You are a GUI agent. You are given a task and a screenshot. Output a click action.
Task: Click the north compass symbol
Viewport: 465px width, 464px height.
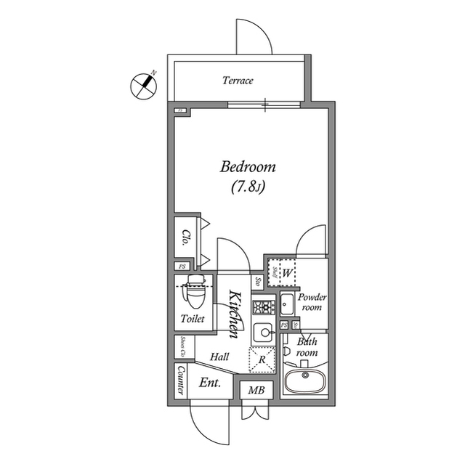point(143,86)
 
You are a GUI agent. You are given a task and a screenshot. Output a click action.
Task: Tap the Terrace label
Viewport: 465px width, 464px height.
point(238,81)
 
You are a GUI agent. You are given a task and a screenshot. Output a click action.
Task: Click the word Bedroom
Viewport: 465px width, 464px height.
point(248,167)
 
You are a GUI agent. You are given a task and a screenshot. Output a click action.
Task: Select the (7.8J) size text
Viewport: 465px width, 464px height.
point(248,188)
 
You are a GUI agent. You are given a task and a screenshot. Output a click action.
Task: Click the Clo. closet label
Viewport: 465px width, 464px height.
point(186,237)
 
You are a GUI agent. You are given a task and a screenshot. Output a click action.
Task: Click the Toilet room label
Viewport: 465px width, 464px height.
point(193,319)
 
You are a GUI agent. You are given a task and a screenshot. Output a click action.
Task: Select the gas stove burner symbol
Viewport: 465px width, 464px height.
point(261,306)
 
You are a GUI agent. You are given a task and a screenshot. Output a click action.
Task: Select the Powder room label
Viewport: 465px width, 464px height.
point(312,302)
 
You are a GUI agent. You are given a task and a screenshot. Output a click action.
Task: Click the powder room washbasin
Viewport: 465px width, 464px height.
point(286,301)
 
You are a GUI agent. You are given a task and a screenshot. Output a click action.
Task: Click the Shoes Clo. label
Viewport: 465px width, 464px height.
point(182,347)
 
